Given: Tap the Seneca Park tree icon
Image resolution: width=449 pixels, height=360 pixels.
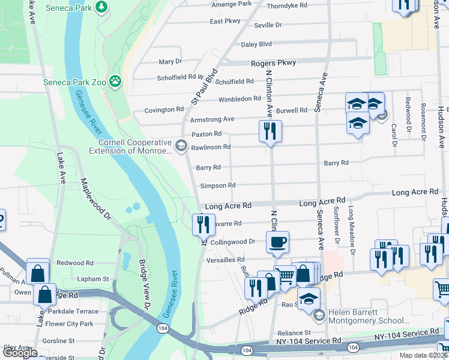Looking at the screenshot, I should (102, 7).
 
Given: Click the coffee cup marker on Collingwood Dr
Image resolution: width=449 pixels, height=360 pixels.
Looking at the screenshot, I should (277, 242).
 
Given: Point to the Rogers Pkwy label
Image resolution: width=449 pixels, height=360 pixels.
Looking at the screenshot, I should (273, 63).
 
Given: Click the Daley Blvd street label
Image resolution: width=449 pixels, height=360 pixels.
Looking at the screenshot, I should (256, 44).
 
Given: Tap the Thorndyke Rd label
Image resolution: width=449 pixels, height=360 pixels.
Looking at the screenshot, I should (287, 5).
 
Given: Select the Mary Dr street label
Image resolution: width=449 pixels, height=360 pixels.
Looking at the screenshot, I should (170, 62).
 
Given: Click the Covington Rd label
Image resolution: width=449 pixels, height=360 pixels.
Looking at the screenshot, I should (164, 110).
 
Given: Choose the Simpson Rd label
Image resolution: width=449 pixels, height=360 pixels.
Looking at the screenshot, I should (217, 186).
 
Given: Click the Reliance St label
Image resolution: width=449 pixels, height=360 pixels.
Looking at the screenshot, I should (294, 333).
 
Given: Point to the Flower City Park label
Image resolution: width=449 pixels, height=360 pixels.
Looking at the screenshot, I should (69, 324).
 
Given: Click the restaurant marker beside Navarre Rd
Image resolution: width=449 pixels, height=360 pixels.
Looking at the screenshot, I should (203, 224).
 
